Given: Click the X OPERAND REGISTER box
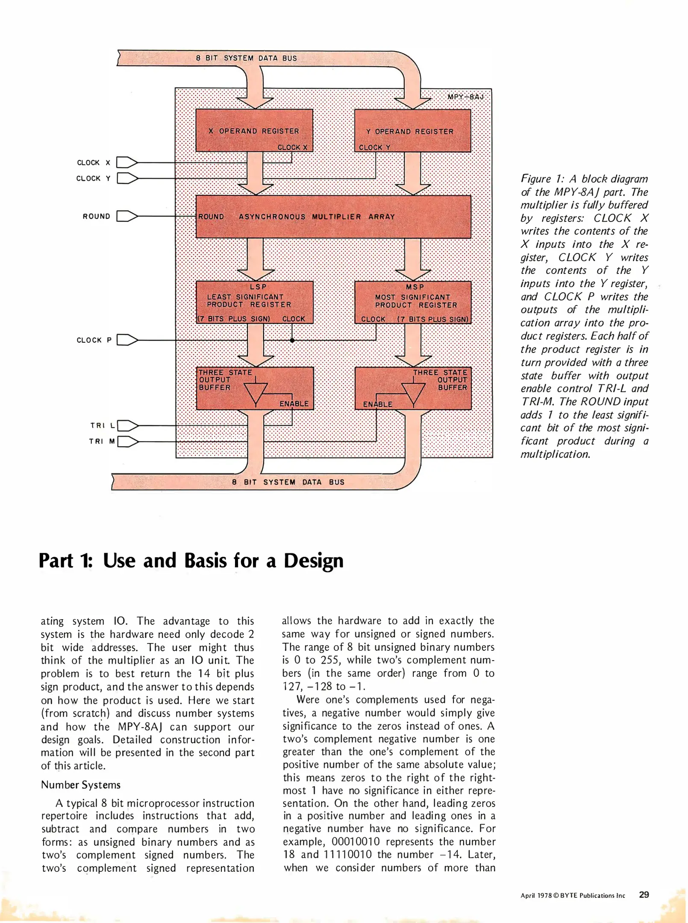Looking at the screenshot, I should pos(254,130).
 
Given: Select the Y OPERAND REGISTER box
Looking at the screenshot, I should pos(413,131).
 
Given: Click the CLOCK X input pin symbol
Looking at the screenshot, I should pos(127,162).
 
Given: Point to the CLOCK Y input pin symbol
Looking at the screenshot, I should pos(127,178).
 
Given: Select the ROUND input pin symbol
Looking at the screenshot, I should pos(127,216).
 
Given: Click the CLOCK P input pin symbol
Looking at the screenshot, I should pos(127,340).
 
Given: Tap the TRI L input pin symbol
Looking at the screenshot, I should pos(127,426).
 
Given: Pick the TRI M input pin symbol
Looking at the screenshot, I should pos(127,441).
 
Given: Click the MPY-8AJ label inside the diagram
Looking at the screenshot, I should pos(465,97).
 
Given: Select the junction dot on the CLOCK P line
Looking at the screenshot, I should pos(292,341).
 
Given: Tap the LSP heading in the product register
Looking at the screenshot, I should pos(258,287).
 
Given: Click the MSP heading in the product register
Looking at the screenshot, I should pos(415,287).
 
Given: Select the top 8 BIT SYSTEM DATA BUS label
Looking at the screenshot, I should pos(246,58).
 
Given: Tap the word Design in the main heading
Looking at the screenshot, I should pos(313,561).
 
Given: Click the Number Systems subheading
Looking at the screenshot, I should pos(81,785).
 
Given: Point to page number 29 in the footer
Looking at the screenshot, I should pos(644,894).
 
